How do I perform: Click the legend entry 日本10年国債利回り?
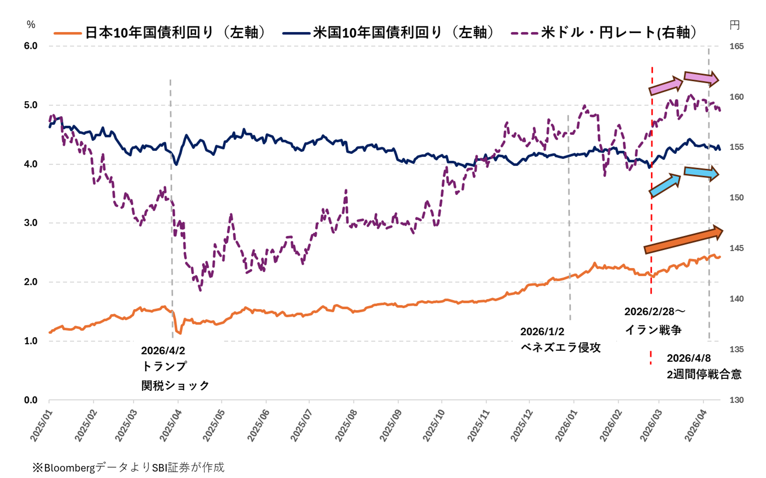coord(160,32)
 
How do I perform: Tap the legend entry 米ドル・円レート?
coord(605,32)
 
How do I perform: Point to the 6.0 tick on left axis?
coord(31,46)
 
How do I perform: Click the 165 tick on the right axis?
coord(736,46)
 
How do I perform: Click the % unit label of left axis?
coord(31,25)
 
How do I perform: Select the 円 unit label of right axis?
coord(734,25)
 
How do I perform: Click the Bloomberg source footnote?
coord(128,467)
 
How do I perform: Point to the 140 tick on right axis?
coord(736,299)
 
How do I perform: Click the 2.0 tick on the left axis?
coord(31,282)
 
